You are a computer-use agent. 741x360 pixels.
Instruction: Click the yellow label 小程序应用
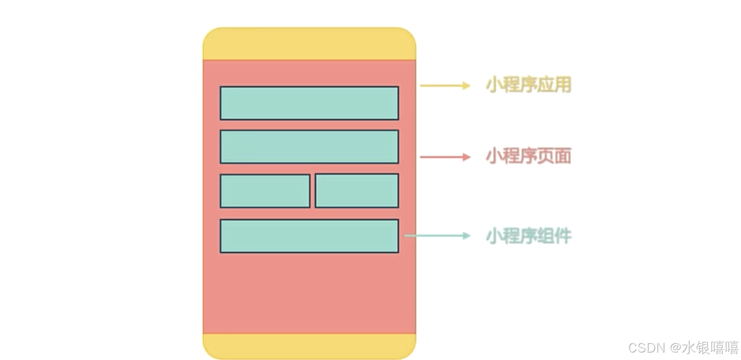click(528, 85)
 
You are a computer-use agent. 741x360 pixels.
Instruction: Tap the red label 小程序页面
click(528, 156)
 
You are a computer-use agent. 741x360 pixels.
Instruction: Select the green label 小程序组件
click(528, 236)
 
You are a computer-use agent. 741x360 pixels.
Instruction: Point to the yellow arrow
click(445, 85)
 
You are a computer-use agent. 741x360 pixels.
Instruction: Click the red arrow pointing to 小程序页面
click(445, 157)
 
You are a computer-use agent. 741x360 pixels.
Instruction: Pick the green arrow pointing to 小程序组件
click(437, 236)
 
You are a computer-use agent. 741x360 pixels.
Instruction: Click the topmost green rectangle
click(309, 103)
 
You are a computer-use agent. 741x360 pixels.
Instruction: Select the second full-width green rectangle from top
click(309, 147)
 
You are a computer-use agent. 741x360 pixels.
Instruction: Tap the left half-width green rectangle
click(264, 191)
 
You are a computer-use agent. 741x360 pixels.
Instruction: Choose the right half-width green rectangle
click(357, 191)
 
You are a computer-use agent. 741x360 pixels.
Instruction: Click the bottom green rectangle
click(309, 236)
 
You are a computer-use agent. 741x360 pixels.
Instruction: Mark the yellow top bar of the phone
click(309, 44)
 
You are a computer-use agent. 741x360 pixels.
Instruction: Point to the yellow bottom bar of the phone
click(309, 346)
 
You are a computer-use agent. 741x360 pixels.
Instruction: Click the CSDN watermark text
click(646, 348)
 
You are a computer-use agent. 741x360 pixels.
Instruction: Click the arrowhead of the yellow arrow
click(466, 85)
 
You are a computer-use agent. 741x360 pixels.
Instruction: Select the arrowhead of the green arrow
click(466, 236)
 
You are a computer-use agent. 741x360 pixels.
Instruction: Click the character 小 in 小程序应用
click(493, 85)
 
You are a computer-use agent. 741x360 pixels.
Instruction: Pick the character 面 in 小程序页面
click(563, 156)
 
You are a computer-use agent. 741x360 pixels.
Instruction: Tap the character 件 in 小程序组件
click(563, 236)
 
